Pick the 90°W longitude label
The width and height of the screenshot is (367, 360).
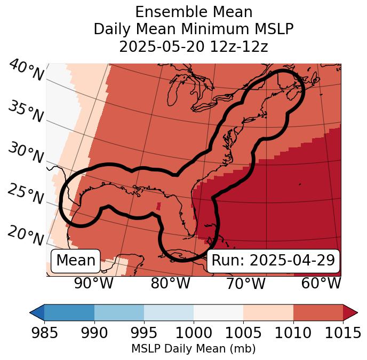[x=94, y=284]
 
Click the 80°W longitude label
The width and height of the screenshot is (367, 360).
[x=171, y=284]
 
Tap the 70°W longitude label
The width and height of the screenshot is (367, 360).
[x=246, y=284]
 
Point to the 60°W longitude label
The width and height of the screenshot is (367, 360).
[x=321, y=284]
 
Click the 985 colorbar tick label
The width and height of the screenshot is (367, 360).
[x=44, y=333]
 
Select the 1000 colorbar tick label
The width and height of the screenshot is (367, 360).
[x=194, y=333]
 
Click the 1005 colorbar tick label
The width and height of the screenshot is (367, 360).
[x=243, y=333]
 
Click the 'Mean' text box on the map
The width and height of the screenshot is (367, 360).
[x=76, y=261]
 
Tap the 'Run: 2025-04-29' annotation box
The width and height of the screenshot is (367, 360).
[x=273, y=261]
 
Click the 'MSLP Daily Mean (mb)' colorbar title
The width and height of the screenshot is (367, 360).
[x=194, y=349]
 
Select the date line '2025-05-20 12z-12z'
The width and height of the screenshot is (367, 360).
[x=194, y=46]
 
